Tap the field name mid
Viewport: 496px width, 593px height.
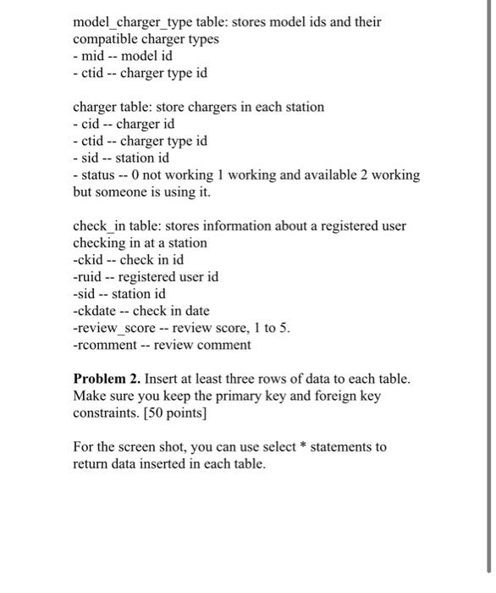pos(94,56)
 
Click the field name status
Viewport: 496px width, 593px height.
pos(100,175)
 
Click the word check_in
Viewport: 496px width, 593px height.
pos(101,226)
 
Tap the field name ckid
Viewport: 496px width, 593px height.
pos(91,260)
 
